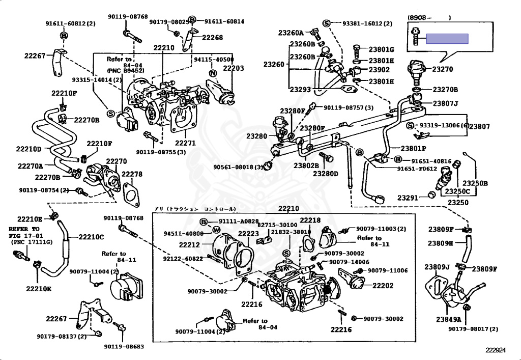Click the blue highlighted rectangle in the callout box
(x=447, y=39)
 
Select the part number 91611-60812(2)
(x=70, y=23)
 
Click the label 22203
(x=234, y=68)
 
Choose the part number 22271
(x=185, y=143)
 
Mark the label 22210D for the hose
(x=28, y=149)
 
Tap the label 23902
(x=379, y=70)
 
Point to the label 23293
(x=300, y=89)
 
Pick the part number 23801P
(x=413, y=149)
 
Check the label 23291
(x=408, y=198)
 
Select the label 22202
(x=383, y=286)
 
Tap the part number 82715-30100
(x=277, y=225)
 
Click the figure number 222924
(x=496, y=350)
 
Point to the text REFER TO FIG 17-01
(x=24, y=233)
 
